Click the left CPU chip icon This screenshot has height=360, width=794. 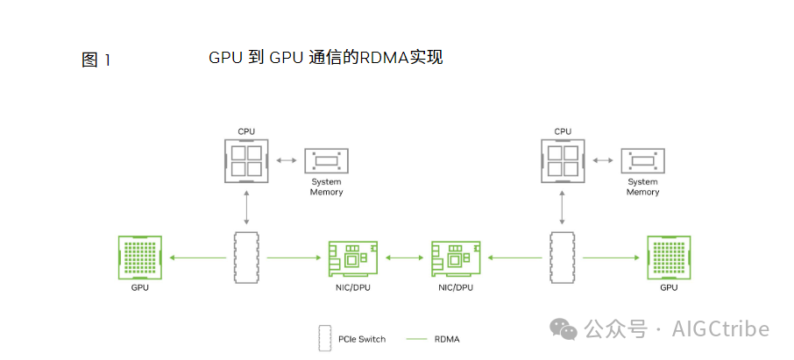246,160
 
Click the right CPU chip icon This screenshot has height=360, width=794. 563,160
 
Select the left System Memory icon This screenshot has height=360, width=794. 326,162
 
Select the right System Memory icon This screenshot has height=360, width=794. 642,162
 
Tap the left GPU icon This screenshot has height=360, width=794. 140,258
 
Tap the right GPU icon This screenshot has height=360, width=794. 669,258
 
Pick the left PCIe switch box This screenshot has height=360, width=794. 247,258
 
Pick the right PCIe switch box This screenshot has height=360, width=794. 563,258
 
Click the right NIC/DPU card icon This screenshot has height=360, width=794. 455,259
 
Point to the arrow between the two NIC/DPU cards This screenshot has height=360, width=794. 404,258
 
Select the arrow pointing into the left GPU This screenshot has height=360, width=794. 197,258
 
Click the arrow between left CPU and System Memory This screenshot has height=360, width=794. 286,160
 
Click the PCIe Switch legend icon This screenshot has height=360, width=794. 323,338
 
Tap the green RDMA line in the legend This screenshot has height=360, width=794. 417,338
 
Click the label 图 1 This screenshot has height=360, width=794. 96,60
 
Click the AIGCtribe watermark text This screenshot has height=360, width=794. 720,329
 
